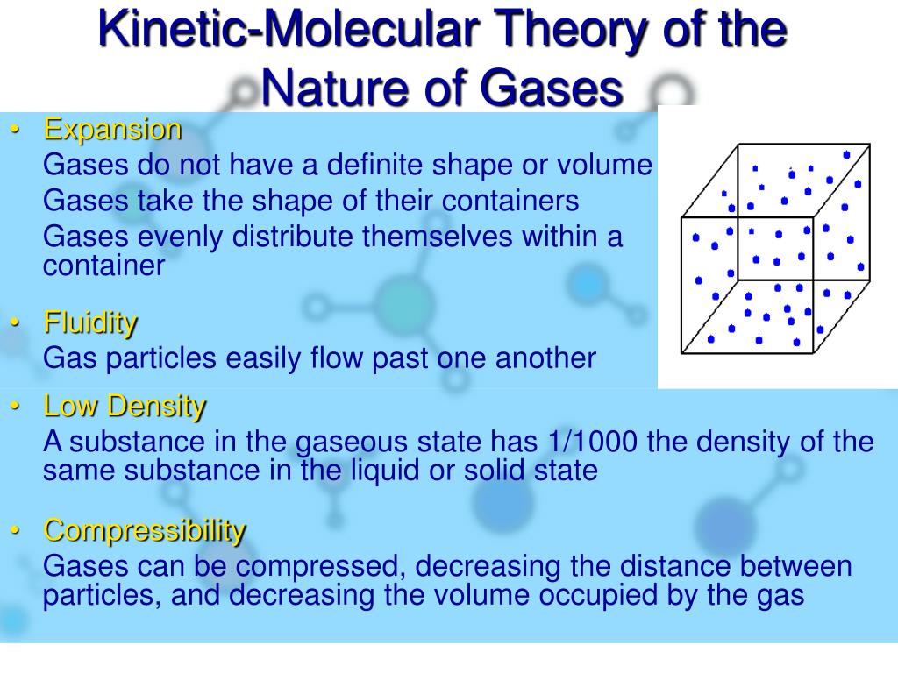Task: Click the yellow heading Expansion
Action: click(x=113, y=130)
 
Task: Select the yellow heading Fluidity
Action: click(x=90, y=322)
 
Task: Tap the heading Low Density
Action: click(x=125, y=407)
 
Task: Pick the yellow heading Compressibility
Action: click(x=145, y=530)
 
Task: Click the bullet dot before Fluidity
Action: click(x=15, y=323)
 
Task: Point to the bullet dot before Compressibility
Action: click(x=15, y=531)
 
